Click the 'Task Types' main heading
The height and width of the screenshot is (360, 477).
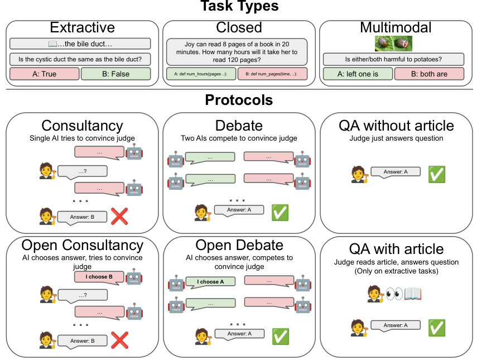click(x=239, y=7)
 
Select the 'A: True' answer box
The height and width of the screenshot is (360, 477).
click(x=45, y=74)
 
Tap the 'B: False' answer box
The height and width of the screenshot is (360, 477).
click(x=115, y=74)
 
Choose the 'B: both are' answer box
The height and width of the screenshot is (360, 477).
click(x=429, y=74)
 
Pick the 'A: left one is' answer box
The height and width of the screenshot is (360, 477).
click(x=358, y=74)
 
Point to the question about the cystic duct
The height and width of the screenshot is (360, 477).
click(x=80, y=59)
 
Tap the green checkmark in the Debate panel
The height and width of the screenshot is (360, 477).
click(x=279, y=212)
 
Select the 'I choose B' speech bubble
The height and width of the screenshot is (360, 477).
click(x=99, y=277)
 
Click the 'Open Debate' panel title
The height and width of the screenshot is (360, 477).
click(x=239, y=245)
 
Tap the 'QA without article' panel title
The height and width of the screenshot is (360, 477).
click(x=397, y=126)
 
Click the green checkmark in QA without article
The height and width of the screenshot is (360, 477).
click(x=436, y=174)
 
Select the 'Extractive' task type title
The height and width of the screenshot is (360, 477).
click(x=82, y=28)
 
